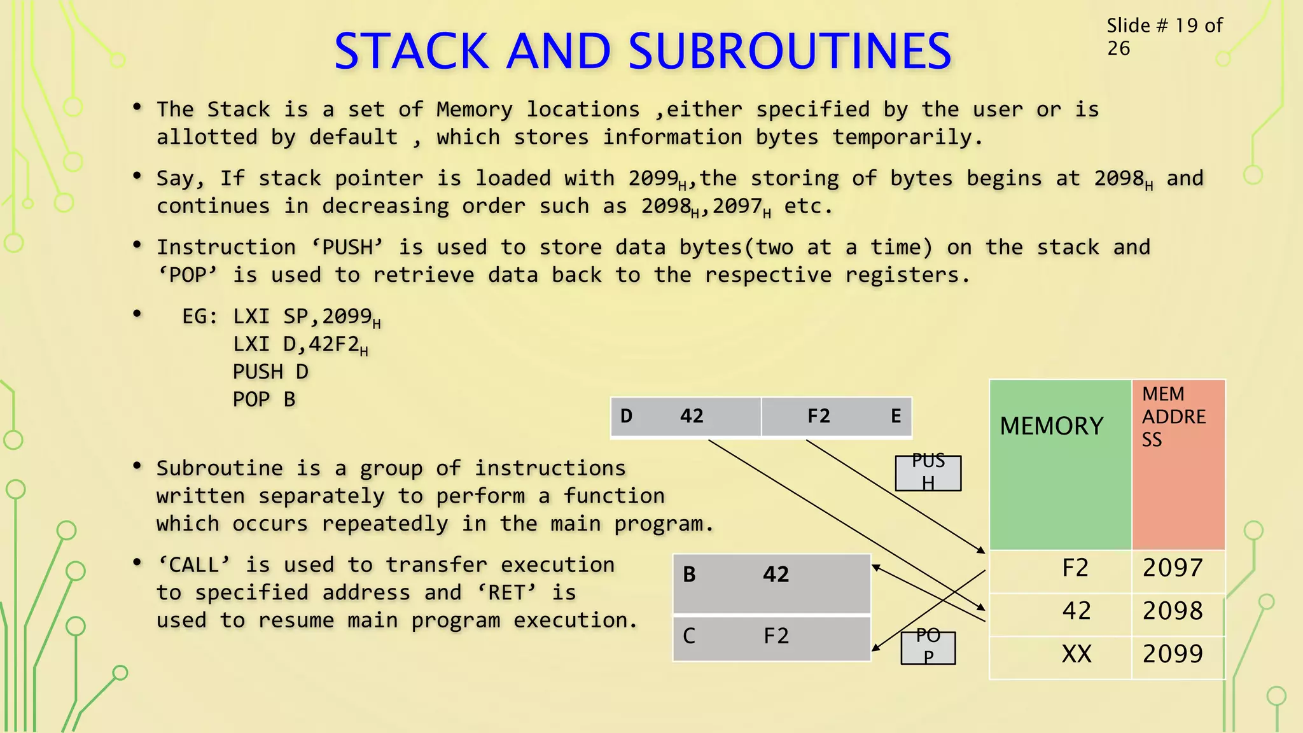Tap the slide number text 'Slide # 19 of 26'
point(1164,36)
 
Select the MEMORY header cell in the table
point(1060,464)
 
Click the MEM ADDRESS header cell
point(1178,464)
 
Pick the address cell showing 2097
point(1178,568)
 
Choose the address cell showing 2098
point(1178,611)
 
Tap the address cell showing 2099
point(1178,654)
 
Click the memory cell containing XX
point(1076,654)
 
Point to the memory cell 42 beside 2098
point(1076,611)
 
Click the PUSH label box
point(928,473)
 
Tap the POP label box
point(928,648)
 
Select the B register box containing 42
point(771,583)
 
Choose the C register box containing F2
point(771,638)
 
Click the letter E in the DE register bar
point(896,417)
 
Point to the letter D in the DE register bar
point(626,417)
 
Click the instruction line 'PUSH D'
point(270,372)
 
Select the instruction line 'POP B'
point(264,400)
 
